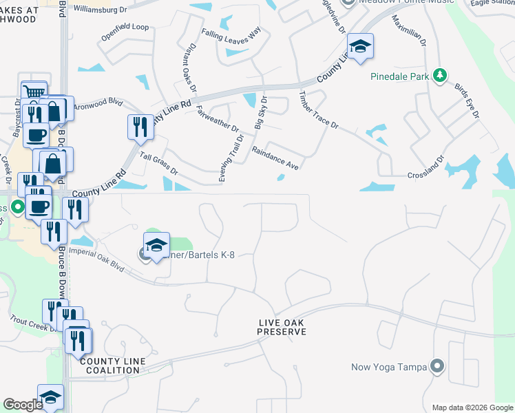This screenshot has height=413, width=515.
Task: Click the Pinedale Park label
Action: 399,76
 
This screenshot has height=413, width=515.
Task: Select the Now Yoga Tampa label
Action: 389,366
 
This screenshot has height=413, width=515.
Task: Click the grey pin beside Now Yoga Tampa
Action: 436,366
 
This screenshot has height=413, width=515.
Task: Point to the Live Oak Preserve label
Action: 282,327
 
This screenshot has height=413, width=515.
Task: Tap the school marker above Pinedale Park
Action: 360,47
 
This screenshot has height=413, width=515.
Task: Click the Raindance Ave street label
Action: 275,158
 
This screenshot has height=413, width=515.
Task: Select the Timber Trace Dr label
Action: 319,109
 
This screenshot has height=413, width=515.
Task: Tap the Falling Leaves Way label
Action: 231,34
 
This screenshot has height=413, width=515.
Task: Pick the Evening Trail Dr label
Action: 231,158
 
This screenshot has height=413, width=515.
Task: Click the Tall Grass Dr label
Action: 158,164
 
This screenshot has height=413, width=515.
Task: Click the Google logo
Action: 23,405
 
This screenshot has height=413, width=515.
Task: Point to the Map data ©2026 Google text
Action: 472,407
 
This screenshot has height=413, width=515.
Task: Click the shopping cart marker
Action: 32,91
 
